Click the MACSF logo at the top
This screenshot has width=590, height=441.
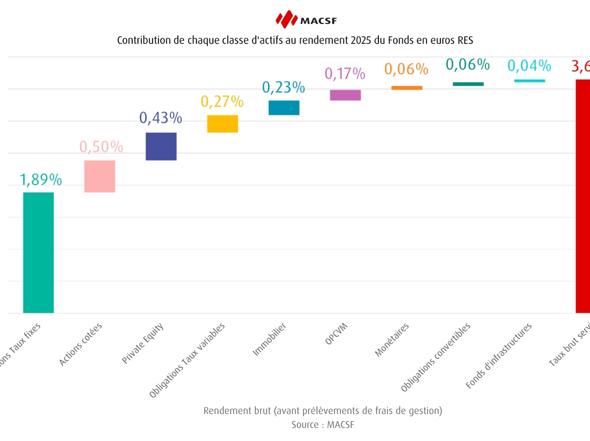pos(306,19)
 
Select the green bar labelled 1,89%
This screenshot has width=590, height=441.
pos(38,252)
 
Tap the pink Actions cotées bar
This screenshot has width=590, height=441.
pos(99,176)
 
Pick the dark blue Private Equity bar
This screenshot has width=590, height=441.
pos(161,146)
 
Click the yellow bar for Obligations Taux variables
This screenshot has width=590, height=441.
pos(222,124)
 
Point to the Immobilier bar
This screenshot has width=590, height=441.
pos(284,108)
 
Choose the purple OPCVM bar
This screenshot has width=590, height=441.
pos(345,95)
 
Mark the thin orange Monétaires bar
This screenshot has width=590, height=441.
pos(407,88)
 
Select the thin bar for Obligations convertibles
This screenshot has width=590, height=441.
pos(468,84)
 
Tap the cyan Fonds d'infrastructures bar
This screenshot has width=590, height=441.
pos(529,81)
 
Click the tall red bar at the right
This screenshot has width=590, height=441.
pos(583,196)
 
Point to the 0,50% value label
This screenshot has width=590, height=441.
pos(101,147)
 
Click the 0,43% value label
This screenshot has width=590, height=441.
pos(161,118)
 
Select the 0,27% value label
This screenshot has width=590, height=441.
pos(222,101)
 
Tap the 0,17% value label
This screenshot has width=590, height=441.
pos(345,73)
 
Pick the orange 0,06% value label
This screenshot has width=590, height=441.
pos(406,69)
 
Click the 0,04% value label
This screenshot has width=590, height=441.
pos(529,65)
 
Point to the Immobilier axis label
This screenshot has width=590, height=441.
pos(269,339)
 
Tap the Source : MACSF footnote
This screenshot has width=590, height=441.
pos(323,425)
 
